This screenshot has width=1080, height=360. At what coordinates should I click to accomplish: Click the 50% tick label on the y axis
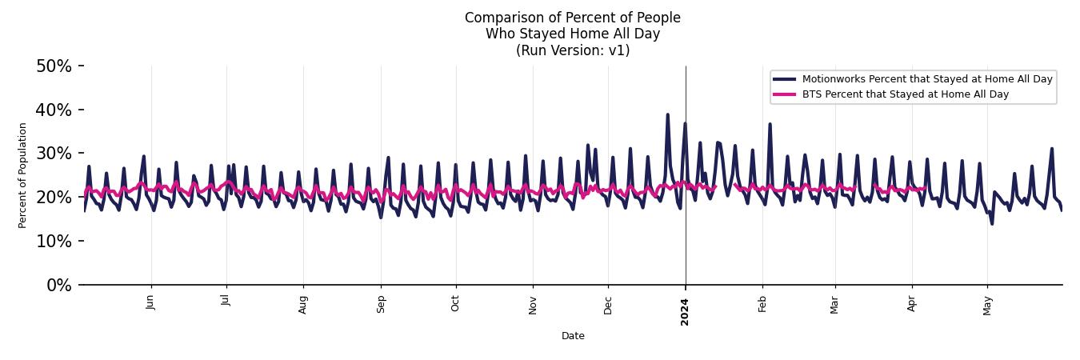coord(54,66)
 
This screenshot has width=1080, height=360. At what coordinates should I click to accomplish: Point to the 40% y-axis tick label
coord(54,110)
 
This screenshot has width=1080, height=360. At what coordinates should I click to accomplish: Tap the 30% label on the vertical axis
coord(54,154)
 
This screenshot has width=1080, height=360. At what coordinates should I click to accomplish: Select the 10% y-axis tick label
coord(54,241)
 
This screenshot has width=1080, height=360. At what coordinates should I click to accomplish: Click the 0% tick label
coord(58,285)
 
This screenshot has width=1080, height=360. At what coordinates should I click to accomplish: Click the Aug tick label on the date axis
coord(302,304)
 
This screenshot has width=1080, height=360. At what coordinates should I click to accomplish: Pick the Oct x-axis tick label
coord(455,303)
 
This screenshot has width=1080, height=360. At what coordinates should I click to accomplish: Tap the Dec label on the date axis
coord(608,304)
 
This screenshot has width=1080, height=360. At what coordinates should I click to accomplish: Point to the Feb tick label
coord(762,304)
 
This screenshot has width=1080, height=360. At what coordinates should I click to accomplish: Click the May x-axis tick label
coord(987,305)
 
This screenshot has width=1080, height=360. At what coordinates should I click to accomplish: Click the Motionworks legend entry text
coord(927,79)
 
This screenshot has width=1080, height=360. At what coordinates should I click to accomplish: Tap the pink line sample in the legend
coord(784,94)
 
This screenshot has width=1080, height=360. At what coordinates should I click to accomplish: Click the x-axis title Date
coord(573,336)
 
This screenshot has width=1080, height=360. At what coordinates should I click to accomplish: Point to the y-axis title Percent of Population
coord(22,175)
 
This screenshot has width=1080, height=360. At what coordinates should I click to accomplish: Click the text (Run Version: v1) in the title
coord(573,50)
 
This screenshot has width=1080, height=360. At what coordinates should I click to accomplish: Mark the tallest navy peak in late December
coord(667,114)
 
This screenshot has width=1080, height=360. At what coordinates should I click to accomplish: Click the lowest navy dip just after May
coord(992,223)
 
